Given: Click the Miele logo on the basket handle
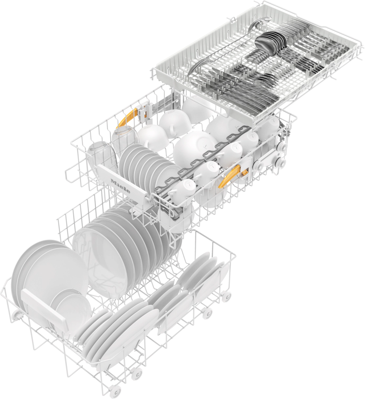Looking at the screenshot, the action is click(x=120, y=186).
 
